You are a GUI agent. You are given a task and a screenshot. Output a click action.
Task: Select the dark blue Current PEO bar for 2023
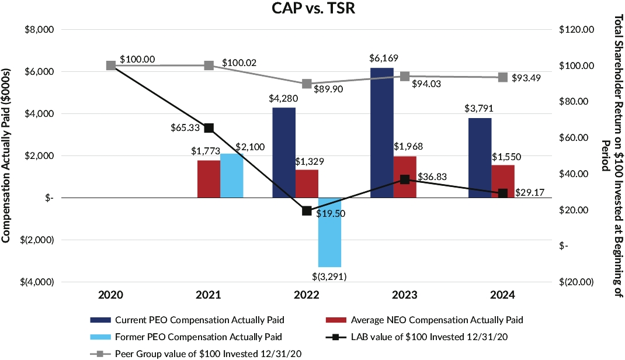tap(382, 133)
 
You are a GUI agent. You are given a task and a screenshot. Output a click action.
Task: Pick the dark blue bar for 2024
tap(479, 158)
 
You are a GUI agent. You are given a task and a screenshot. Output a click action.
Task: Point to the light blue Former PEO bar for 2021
tap(231, 175)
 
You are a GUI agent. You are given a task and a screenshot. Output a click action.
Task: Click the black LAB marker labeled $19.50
tap(307, 211)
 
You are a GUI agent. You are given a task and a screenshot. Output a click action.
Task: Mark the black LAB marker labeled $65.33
tap(209, 128)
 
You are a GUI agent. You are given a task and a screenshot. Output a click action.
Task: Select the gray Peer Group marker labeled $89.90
tap(307, 84)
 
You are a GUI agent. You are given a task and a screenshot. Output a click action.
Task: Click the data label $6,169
tap(381, 59)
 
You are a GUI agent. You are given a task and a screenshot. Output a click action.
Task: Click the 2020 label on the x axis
tap(110, 296)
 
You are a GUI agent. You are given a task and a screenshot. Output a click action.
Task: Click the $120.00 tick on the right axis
tap(577, 30)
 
